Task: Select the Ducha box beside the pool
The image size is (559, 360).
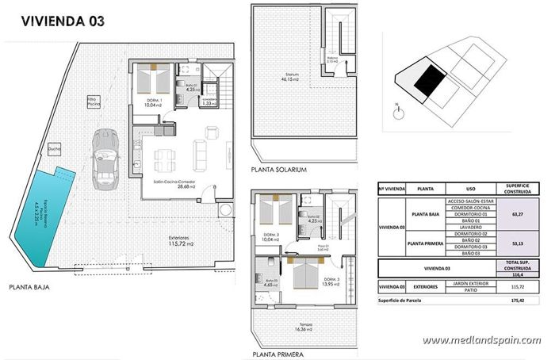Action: coord(55,148)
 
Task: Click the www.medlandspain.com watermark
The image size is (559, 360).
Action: coord(481,341)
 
